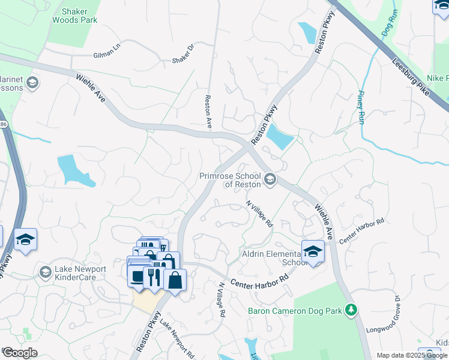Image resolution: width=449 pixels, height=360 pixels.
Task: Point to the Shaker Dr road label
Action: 184,53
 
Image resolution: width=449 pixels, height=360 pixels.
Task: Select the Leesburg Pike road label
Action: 411,77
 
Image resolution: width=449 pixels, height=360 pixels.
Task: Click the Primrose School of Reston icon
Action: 270,179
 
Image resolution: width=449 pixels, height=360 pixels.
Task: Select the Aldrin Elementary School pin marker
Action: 313,251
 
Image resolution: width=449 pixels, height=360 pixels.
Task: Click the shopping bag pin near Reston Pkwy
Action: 175,280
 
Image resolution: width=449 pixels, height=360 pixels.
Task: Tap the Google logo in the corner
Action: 20,352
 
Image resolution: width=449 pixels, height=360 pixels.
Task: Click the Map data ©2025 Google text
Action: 412,355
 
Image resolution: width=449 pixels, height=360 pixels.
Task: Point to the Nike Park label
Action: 438,79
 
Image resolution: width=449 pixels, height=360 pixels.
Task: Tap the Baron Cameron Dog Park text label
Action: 298,311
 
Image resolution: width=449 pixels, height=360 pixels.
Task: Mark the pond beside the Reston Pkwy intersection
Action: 280,137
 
